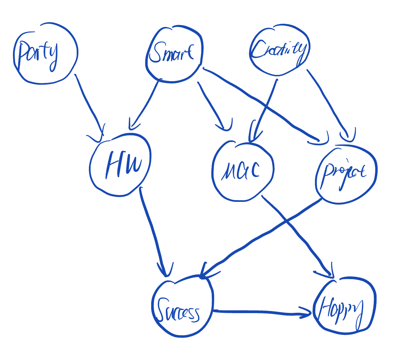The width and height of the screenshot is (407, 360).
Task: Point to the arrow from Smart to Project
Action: pos(259,101)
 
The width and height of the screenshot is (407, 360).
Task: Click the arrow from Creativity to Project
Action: pos(329,101)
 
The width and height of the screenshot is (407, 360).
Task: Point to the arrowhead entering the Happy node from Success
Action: pos(306,312)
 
